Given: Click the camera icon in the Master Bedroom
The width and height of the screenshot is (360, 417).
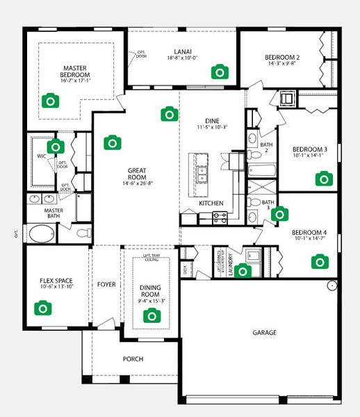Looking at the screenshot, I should coord(49,101).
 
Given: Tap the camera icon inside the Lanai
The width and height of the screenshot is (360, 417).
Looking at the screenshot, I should coord(220,71).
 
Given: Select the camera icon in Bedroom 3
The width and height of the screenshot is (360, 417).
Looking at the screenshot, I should coord(323,179).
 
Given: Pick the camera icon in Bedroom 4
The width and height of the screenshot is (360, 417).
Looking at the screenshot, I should coord(319,261).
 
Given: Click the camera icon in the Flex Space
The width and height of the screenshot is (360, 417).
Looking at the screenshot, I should coord(42,307).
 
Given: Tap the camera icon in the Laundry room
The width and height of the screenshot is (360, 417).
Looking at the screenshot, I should coord(243,270).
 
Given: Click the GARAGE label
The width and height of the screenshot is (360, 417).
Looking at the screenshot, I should coord(264,333).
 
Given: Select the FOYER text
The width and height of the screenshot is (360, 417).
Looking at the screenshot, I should coord(106,284).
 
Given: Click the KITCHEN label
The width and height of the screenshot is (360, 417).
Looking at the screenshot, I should coord(211,203).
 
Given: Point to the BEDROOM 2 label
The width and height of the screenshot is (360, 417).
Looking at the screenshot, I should coord(282,57).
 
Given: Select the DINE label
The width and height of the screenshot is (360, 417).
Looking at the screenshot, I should coord(211,120).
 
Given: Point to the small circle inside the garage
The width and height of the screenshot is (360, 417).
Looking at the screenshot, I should coord(332,284).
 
